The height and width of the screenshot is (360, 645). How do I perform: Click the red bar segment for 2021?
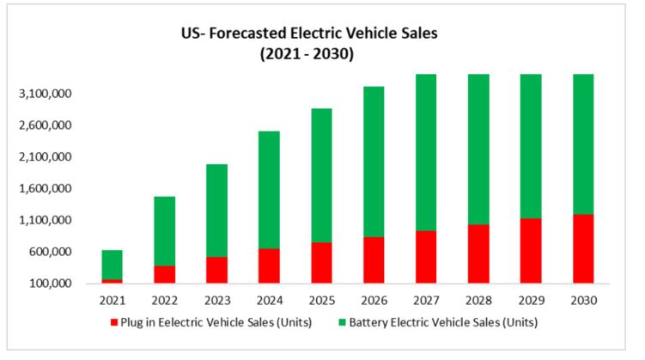(x=112, y=281)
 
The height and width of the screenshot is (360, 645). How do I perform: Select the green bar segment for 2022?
(x=164, y=231)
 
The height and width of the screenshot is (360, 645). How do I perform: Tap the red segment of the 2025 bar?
(x=321, y=263)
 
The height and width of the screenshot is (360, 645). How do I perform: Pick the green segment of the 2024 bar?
(x=269, y=190)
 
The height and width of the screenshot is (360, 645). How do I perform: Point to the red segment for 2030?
(x=582, y=248)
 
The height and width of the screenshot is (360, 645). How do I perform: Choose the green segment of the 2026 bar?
(x=374, y=162)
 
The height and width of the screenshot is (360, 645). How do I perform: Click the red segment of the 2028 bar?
(x=478, y=253)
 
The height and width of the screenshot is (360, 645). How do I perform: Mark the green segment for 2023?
(x=216, y=211)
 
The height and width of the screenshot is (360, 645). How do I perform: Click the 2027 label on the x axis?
(x=426, y=301)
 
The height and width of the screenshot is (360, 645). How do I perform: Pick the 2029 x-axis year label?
(x=531, y=301)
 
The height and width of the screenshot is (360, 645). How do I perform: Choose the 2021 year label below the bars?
(x=112, y=301)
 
